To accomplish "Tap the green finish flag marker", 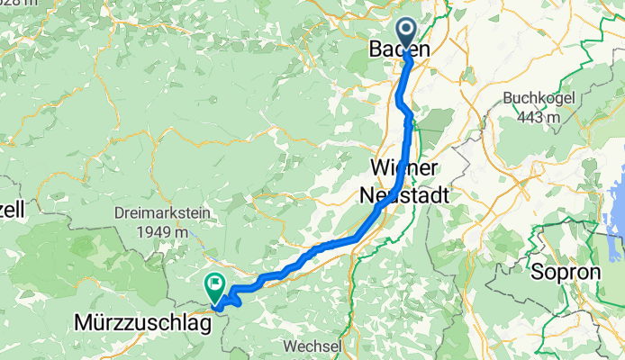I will pyautogui.click(x=215, y=288).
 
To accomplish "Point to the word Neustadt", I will pyautogui.click(x=404, y=193).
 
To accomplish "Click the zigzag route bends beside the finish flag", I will pyautogui.click(x=231, y=299).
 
